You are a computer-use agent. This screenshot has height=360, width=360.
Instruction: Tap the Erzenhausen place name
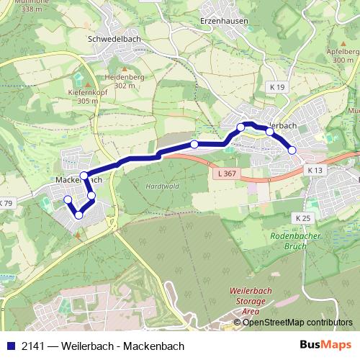224,21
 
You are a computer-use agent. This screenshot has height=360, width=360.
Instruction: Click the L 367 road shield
225,174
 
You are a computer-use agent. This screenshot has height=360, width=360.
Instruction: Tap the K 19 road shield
279,87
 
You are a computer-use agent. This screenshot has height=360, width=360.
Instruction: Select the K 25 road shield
302,217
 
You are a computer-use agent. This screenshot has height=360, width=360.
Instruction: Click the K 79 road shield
6,203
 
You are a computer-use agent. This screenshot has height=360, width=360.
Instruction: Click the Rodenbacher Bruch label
292,240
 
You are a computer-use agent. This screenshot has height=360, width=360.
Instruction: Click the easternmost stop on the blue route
292,150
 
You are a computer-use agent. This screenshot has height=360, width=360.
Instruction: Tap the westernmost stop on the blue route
68,199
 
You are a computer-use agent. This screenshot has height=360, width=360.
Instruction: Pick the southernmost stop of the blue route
78,214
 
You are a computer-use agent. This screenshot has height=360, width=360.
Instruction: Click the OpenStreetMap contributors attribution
297,323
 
